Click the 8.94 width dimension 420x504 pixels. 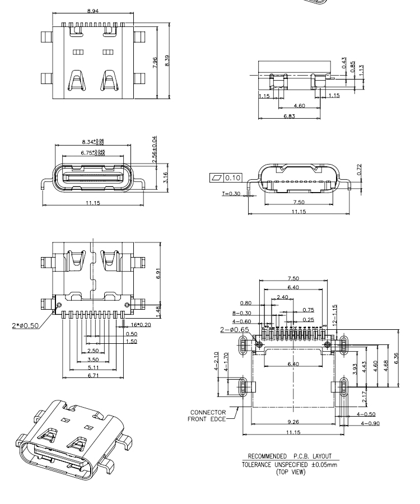pos(94,11)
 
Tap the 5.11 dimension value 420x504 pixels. pos(93,367)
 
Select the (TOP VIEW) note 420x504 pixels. pos(294,472)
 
